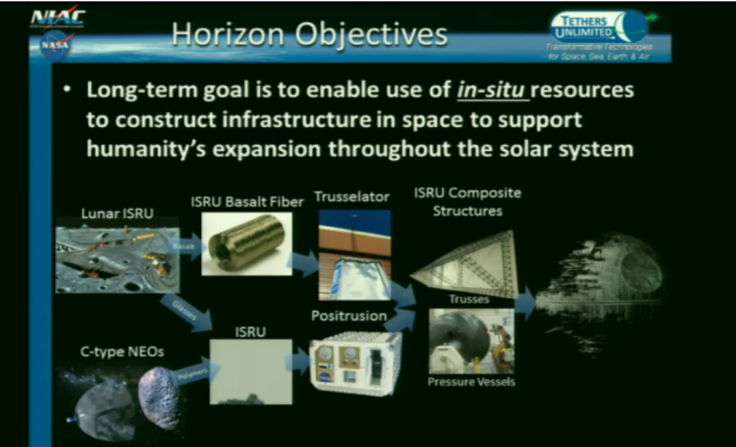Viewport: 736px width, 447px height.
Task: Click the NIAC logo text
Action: (57, 17)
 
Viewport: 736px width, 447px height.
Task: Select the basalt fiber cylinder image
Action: (246, 243)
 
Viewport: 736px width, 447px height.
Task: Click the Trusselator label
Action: (355, 196)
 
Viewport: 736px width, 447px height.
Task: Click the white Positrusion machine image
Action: (356, 363)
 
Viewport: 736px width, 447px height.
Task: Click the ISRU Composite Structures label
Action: (467, 201)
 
